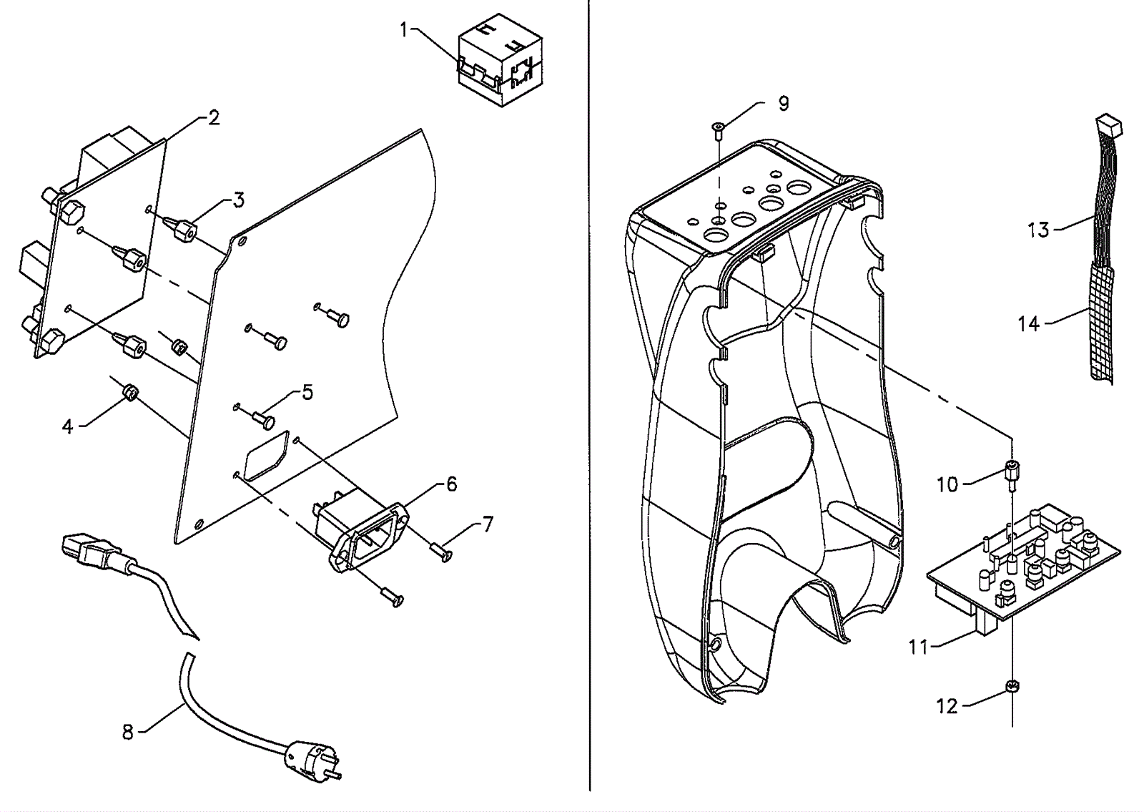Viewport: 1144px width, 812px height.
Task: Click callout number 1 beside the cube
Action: pyautogui.click(x=404, y=31)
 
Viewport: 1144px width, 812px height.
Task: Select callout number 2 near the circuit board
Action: pyautogui.click(x=214, y=118)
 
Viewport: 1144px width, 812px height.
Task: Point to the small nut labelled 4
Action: pyautogui.click(x=132, y=394)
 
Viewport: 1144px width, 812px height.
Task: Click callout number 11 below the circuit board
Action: pyautogui.click(x=918, y=647)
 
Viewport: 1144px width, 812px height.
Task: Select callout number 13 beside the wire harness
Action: pyautogui.click(x=1038, y=230)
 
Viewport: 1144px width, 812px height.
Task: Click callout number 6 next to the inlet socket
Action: pyautogui.click(x=451, y=484)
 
